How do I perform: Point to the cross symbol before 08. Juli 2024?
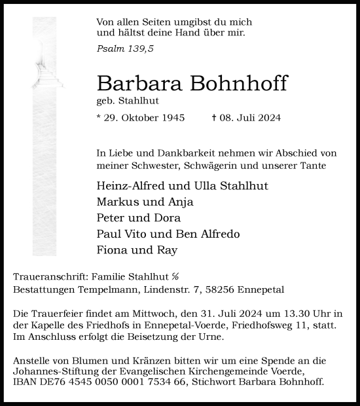pyautogui.click(x=213, y=119)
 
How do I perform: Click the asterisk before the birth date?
pyautogui.click(x=98, y=118)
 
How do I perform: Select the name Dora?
pyautogui.click(x=168, y=218)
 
